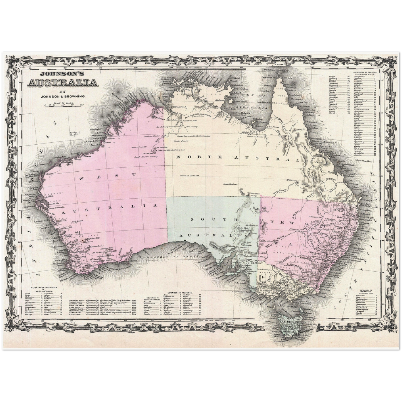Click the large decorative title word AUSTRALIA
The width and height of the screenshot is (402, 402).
(x=62, y=83)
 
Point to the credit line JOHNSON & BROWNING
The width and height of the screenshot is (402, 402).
(x=62, y=97)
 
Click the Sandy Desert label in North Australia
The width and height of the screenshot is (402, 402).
(x=179, y=141)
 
